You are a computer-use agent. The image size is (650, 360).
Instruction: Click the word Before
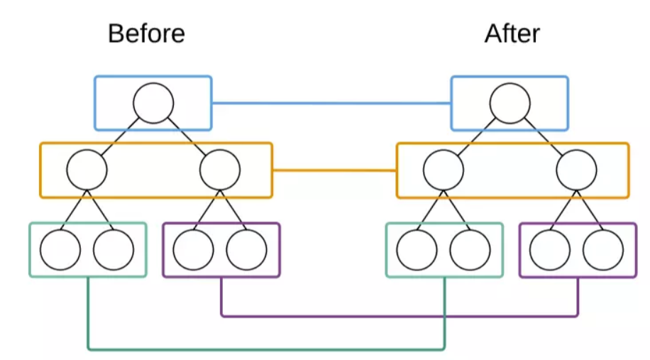(x=146, y=33)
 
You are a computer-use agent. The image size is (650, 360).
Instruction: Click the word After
(x=512, y=33)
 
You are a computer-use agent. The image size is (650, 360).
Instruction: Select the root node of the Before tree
(x=153, y=103)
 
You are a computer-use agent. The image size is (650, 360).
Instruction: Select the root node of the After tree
(x=509, y=103)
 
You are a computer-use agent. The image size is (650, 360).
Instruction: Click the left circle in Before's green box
(x=60, y=250)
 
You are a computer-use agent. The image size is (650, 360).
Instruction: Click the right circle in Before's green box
(x=114, y=250)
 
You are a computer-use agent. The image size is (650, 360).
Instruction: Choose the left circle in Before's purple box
(x=194, y=250)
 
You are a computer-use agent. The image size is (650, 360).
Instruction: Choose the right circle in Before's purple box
(x=247, y=250)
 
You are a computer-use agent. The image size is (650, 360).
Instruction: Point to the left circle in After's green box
(x=417, y=250)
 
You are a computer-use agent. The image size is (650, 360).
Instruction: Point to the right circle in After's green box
(x=470, y=250)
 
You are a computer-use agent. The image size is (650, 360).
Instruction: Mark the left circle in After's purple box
(x=550, y=250)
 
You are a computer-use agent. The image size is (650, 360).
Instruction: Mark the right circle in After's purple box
(x=603, y=250)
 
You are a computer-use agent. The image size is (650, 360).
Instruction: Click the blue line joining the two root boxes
(x=331, y=103)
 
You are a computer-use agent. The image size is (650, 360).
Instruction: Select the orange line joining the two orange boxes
(x=334, y=170)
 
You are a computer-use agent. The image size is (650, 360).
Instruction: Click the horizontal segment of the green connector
(x=266, y=349)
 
